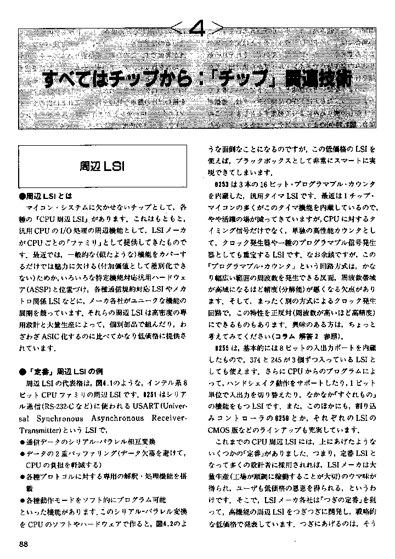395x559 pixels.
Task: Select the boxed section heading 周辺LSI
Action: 102,165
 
